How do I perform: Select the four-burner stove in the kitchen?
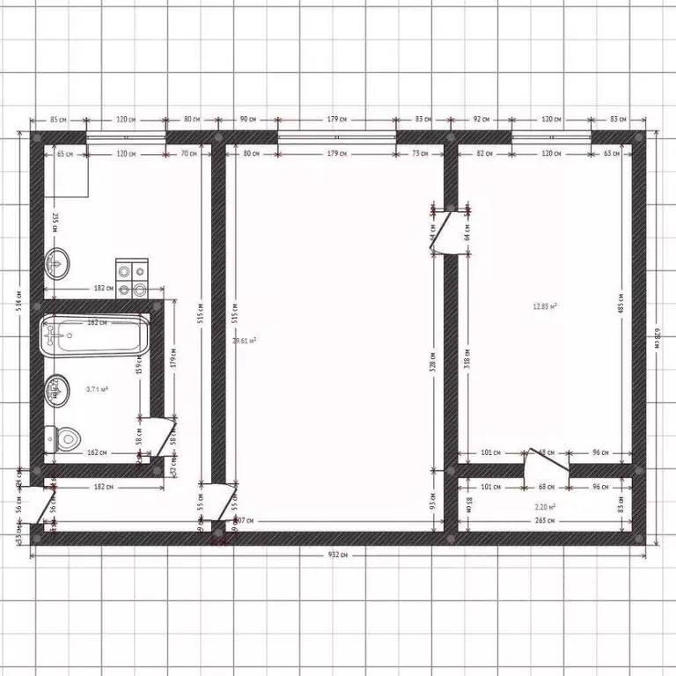click(132, 279)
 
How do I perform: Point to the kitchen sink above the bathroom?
click(58, 261)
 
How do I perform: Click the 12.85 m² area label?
click(545, 306)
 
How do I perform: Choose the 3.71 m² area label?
click(97, 388)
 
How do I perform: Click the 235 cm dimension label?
click(54, 222)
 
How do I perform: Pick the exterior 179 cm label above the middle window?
click(336, 119)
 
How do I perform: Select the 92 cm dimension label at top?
click(481, 119)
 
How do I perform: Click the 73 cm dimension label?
click(419, 154)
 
